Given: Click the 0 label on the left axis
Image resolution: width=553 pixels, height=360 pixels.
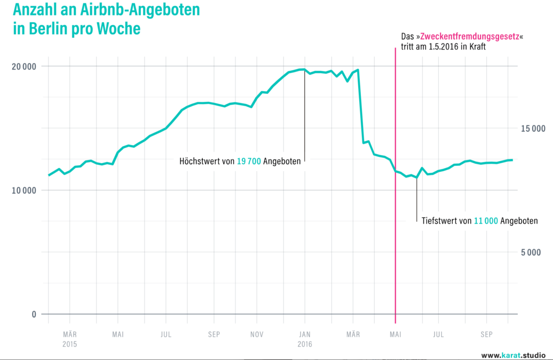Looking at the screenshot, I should [34, 314].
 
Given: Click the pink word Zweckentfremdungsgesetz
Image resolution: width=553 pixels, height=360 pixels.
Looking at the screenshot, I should [470, 36].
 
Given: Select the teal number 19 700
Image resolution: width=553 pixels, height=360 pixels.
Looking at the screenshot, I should [249, 161].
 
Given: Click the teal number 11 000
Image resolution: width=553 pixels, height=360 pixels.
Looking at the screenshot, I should [486, 221].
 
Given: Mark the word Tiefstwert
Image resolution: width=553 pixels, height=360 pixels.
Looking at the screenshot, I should [438, 221].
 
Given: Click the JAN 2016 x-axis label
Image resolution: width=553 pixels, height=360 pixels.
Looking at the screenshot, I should [304, 339].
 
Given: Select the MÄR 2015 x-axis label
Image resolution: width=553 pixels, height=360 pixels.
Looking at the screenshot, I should [69, 339].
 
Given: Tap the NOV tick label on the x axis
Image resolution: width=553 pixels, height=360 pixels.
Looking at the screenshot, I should [257, 335].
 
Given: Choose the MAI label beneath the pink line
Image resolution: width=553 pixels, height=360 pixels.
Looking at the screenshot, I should [395, 335].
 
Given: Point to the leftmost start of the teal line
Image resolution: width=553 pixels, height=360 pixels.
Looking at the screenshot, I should [49, 175].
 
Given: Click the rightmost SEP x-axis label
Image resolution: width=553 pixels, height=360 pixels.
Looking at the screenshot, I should [486, 335].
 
